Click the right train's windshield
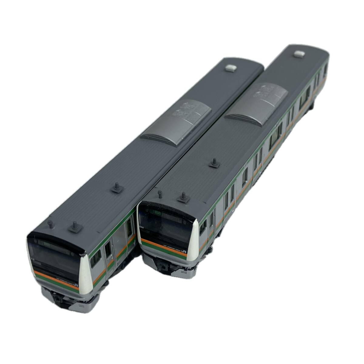164,226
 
